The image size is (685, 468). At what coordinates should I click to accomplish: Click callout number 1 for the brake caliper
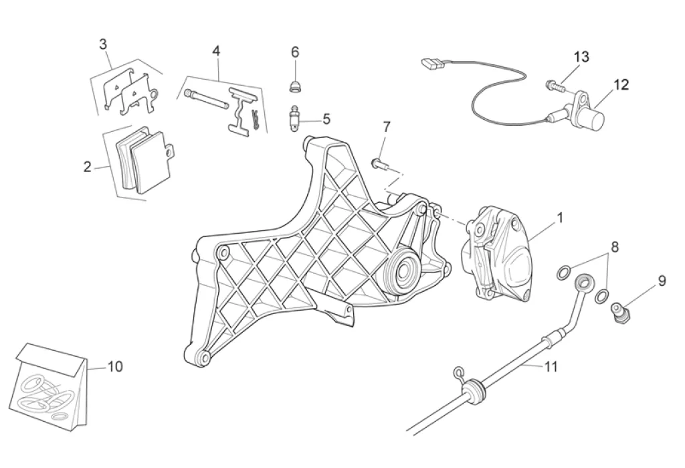(x=560, y=218)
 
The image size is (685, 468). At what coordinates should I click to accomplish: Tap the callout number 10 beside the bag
(x=115, y=366)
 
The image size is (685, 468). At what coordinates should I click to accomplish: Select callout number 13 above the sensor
(x=581, y=57)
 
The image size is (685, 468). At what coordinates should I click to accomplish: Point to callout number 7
(x=386, y=127)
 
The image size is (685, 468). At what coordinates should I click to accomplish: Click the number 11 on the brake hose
(x=551, y=366)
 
